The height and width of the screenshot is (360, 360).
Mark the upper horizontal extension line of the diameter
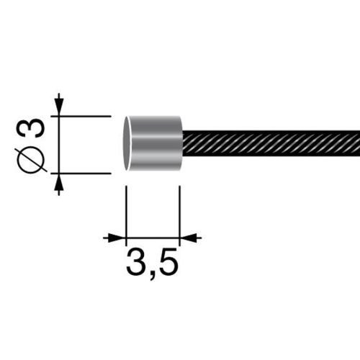[x=83, y=115]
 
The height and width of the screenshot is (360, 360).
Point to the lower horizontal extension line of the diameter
[x=83, y=174]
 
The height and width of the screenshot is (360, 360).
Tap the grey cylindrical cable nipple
[x=155, y=143]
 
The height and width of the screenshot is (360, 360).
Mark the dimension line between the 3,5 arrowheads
[x=152, y=237]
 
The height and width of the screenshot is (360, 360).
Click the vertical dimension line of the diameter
[x=59, y=144]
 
